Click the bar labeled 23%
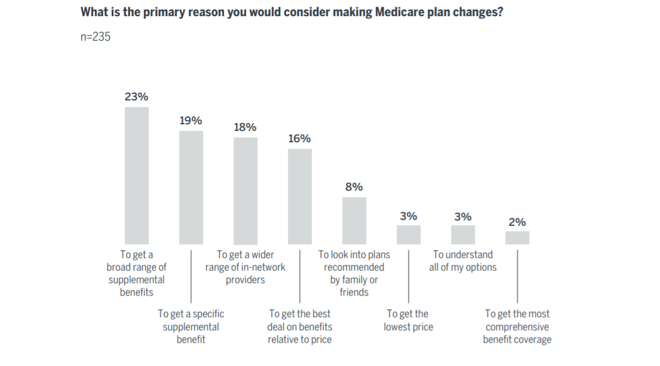tap(136, 176)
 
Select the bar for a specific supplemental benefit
tap(191, 187)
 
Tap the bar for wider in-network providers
tap(245, 190)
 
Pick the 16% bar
tap(299, 196)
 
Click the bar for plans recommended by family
tap(354, 220)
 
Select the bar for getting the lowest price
tap(409, 235)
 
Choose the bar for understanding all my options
tap(463, 235)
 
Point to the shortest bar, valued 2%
tap(517, 238)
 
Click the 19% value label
tap(191, 121)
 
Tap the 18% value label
tap(245, 127)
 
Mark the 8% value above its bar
tap(354, 187)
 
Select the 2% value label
tap(517, 222)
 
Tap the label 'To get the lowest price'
tap(409, 320)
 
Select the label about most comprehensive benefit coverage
tap(517, 327)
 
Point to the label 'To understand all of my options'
tap(463, 261)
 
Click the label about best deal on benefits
tap(299, 327)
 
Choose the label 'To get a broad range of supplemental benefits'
tap(136, 273)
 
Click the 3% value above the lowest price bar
tap(409, 216)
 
